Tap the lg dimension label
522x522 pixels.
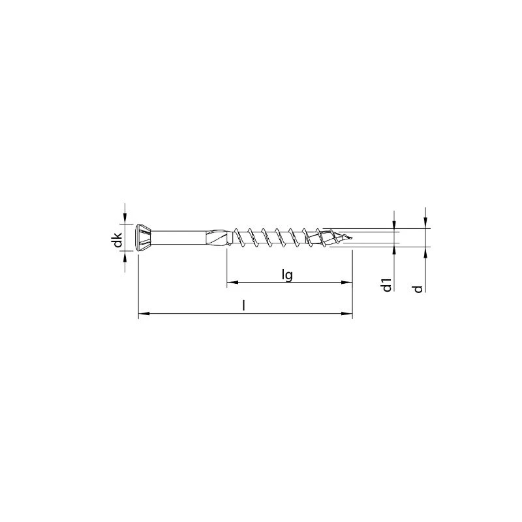tap(286, 275)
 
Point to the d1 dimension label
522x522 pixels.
tap(386, 284)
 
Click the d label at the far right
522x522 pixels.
tap(419, 288)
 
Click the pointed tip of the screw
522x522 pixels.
tap(348, 238)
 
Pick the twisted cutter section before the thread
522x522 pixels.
tap(219, 238)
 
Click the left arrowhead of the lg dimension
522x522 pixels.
tap(230, 283)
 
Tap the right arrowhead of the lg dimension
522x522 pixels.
tap(348, 283)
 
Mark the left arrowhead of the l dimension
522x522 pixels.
tap(142, 315)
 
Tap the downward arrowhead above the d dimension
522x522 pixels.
tap(425, 224)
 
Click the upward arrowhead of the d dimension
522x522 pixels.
tap(425, 252)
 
